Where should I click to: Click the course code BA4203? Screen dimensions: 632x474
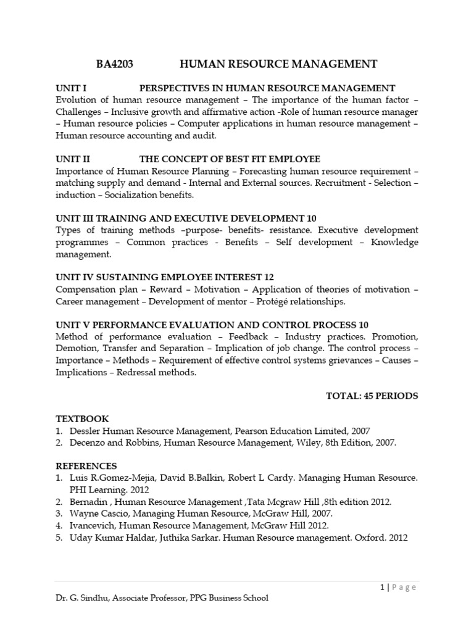click(x=115, y=64)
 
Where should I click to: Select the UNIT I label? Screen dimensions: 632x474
click(x=72, y=88)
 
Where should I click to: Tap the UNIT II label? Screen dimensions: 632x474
click(x=73, y=159)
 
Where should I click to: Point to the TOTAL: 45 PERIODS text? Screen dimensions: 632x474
click(x=372, y=396)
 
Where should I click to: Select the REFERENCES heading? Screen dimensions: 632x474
click(x=86, y=465)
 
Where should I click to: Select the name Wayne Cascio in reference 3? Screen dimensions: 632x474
click(x=98, y=513)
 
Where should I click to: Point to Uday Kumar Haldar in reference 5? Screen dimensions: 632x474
click(x=109, y=537)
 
